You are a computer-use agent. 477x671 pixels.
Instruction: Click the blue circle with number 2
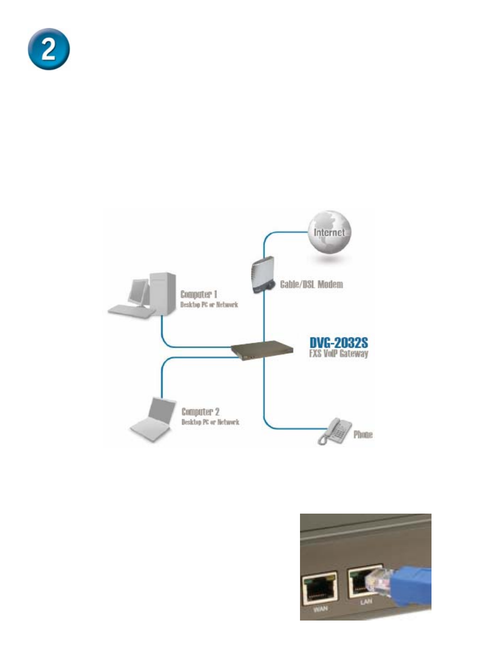click(49, 49)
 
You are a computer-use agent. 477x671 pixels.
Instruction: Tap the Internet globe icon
click(329, 233)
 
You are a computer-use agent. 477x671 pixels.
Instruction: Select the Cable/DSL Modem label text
click(311, 284)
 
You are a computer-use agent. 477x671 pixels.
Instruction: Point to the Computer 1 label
click(198, 294)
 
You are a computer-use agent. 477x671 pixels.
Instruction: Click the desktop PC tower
click(163, 293)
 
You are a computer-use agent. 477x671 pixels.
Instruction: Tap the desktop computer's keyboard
click(132, 312)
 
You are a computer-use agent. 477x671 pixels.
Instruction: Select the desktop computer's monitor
click(138, 292)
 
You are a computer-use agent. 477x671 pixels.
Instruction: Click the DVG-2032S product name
click(338, 343)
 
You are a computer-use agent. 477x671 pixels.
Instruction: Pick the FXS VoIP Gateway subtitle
click(338, 353)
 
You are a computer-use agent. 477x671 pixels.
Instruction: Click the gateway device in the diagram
click(262, 350)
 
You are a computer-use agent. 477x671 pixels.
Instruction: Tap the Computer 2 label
click(200, 412)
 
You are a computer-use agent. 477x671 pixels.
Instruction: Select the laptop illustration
click(153, 419)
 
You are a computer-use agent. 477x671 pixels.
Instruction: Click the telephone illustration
click(334, 431)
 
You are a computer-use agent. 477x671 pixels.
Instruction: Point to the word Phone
click(363, 435)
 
